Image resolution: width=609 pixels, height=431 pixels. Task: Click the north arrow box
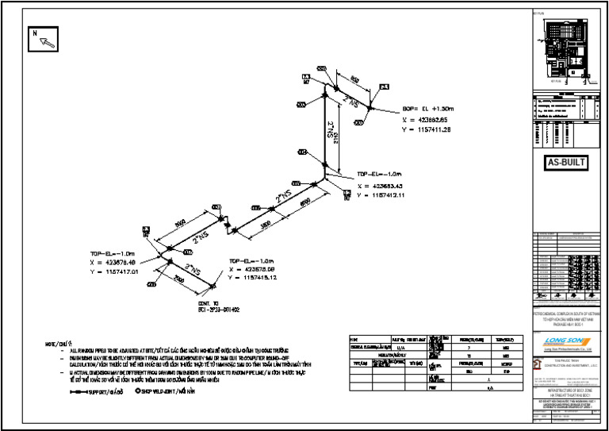(x=44, y=39)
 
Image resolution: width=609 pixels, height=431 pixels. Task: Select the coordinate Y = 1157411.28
(x=427, y=129)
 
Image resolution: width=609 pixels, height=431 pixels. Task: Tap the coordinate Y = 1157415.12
(x=253, y=278)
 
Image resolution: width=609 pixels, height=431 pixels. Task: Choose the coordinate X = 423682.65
(x=427, y=119)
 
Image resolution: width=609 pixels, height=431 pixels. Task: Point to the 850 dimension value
(x=354, y=79)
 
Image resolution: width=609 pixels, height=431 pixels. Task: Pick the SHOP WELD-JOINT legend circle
(x=138, y=391)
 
